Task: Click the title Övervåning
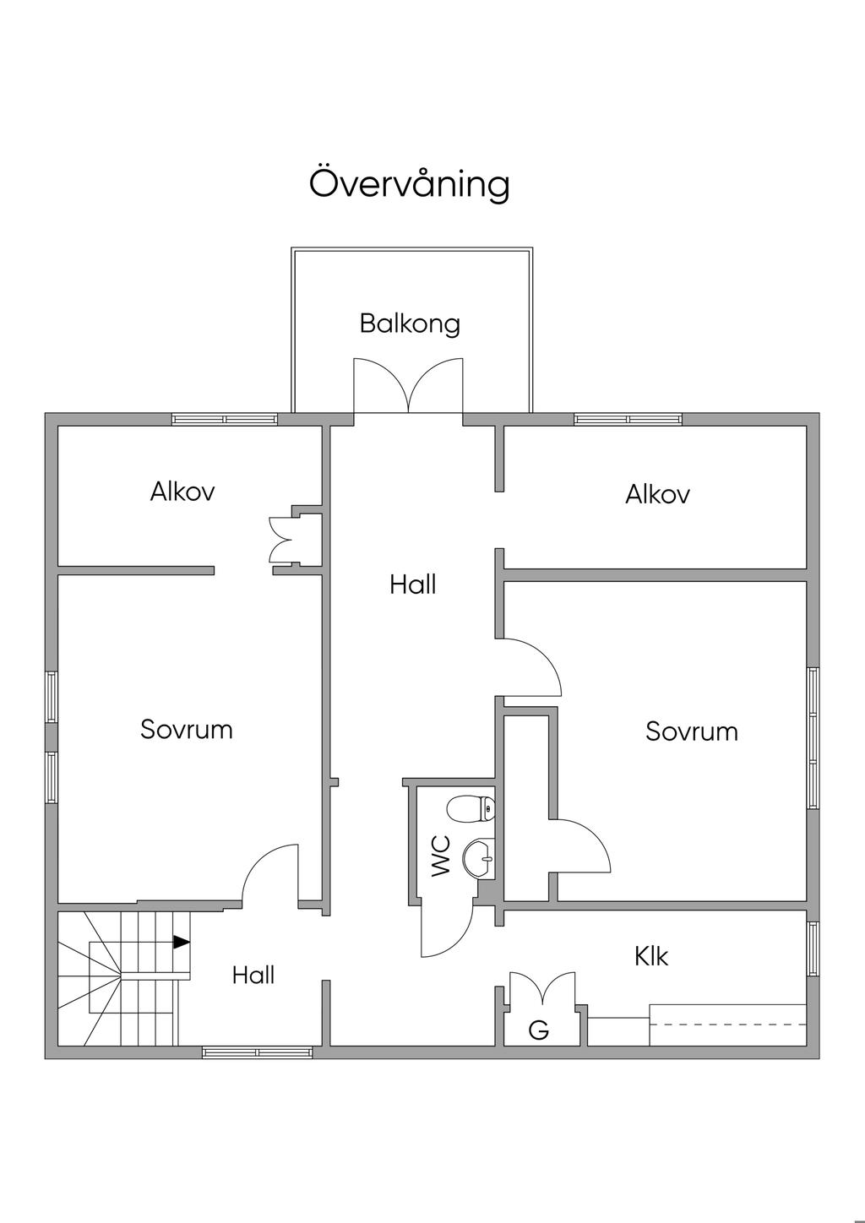(409, 183)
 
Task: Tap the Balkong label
(410, 323)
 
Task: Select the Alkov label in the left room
(182, 492)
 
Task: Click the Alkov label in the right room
(657, 494)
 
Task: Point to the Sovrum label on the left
(187, 729)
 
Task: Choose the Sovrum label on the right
(692, 731)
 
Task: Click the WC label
(441, 855)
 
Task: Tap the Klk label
(651, 956)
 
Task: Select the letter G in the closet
(538, 1030)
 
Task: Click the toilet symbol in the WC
(475, 808)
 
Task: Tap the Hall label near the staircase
(253, 976)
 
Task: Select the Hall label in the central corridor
(412, 584)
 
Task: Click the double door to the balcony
(409, 387)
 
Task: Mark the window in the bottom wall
(257, 1052)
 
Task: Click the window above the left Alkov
(225, 419)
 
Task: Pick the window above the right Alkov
(628, 419)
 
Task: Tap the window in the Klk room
(813, 949)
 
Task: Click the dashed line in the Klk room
(726, 1025)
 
